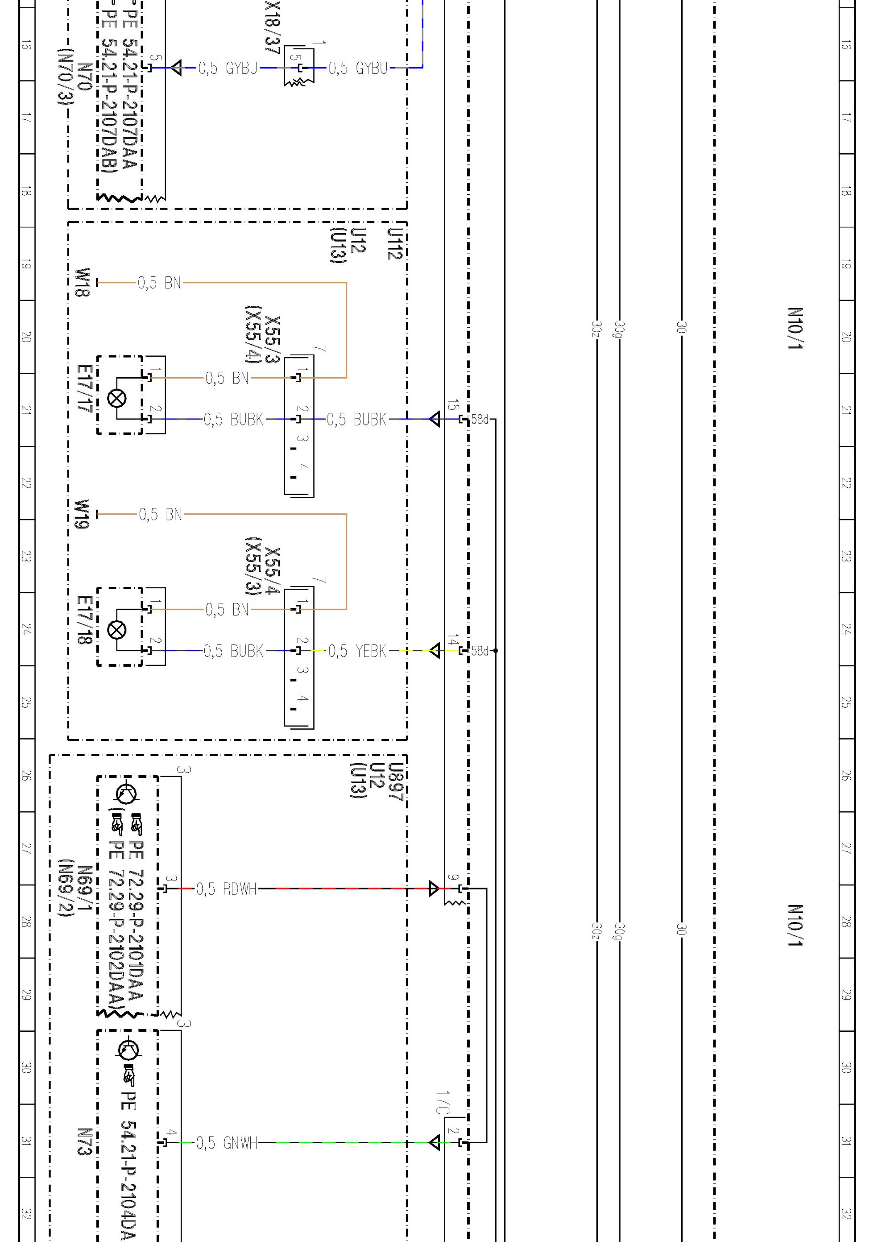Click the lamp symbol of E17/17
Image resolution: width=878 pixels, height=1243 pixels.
click(x=117, y=399)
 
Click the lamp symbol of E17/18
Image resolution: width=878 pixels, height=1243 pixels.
click(x=117, y=630)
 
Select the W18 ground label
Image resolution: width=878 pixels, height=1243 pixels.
click(x=82, y=282)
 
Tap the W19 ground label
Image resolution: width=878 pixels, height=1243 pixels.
click(x=82, y=514)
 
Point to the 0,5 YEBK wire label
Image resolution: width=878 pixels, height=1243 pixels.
click(x=357, y=651)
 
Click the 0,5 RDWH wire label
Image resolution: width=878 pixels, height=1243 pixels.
click(x=226, y=889)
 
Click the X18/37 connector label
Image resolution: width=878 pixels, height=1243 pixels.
click(x=272, y=27)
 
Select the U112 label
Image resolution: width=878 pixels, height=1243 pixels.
click(x=395, y=244)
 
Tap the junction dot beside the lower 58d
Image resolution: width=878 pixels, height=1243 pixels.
click(x=496, y=651)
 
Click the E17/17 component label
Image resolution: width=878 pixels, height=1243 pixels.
click(x=85, y=388)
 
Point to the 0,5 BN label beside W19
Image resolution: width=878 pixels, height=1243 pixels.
click(x=160, y=514)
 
